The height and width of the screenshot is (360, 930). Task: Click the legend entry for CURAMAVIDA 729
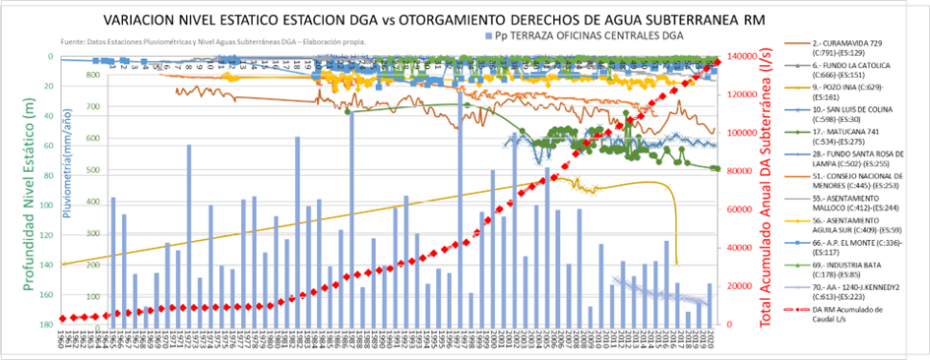click(845, 50)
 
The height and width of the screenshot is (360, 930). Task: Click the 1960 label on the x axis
click(63, 339)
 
